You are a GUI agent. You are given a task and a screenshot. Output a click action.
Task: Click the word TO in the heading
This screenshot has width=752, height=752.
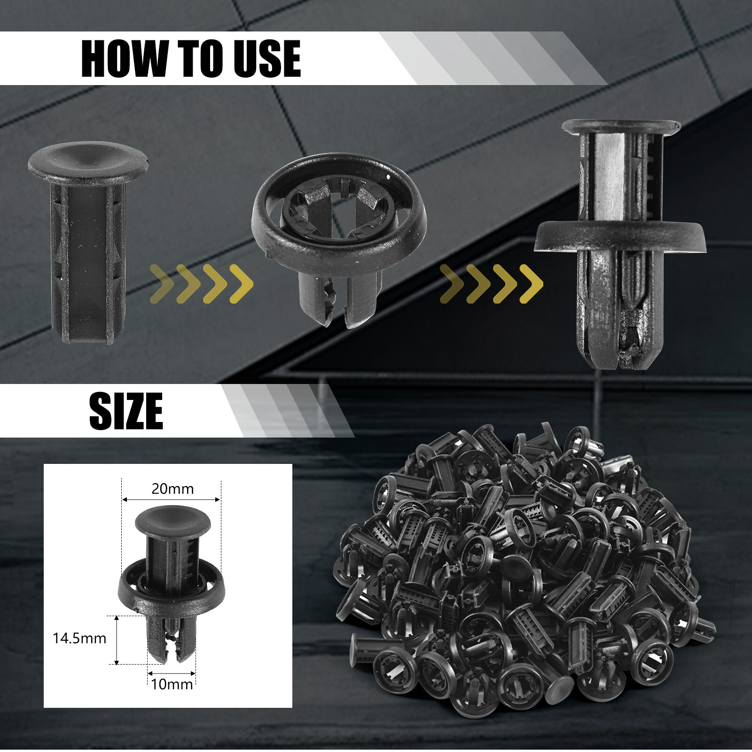(x=200, y=58)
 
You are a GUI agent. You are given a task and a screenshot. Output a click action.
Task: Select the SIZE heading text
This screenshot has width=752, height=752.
(x=126, y=411)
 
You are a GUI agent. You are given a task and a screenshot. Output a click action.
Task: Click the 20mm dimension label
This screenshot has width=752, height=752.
(x=172, y=489)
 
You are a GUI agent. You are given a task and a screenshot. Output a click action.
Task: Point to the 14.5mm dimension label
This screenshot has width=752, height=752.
(x=79, y=638)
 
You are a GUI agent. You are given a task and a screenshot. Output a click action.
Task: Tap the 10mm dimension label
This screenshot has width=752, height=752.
(x=172, y=684)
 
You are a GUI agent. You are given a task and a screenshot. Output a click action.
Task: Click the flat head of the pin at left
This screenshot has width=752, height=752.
(x=88, y=162)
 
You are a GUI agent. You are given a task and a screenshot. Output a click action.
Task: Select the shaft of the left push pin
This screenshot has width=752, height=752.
(x=88, y=261)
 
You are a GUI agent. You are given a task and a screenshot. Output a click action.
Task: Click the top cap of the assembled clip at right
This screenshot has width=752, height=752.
(x=621, y=126)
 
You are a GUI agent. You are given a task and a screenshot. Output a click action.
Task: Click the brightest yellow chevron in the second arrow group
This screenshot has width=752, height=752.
(x=532, y=284)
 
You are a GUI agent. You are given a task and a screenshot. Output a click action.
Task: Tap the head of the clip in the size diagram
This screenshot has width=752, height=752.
(x=173, y=520)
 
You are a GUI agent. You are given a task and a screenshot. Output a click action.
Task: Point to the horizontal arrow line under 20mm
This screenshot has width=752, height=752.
(x=171, y=500)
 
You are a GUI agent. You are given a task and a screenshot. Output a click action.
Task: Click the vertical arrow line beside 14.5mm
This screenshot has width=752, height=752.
(x=117, y=640)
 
